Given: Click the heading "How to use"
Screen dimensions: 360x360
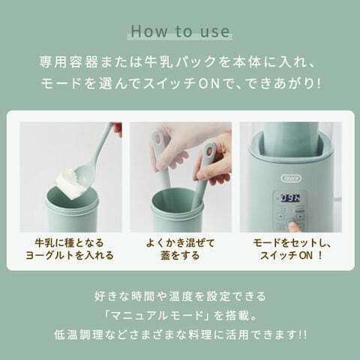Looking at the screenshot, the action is (180, 31).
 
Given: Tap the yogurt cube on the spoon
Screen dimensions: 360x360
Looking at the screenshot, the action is (66, 183).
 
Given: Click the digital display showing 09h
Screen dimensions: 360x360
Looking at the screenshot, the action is (290, 198).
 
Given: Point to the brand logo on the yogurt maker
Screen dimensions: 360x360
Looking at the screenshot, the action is (291, 178).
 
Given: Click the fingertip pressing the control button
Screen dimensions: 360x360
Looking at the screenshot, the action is (295, 226).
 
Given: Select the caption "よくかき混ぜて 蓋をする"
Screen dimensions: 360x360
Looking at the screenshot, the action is (180, 249).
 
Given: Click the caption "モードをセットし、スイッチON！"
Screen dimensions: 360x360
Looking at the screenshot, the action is (292, 249).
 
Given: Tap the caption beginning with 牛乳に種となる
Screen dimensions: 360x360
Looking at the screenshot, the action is (70, 249).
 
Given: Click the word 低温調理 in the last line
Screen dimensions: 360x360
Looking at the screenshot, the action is (79, 335).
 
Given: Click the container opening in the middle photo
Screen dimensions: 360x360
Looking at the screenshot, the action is (176, 199).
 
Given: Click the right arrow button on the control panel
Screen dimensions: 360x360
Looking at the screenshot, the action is (300, 216).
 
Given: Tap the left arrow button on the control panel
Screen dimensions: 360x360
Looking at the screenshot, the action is (280, 216).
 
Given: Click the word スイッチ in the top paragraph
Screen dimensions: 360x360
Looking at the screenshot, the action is (169, 84).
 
